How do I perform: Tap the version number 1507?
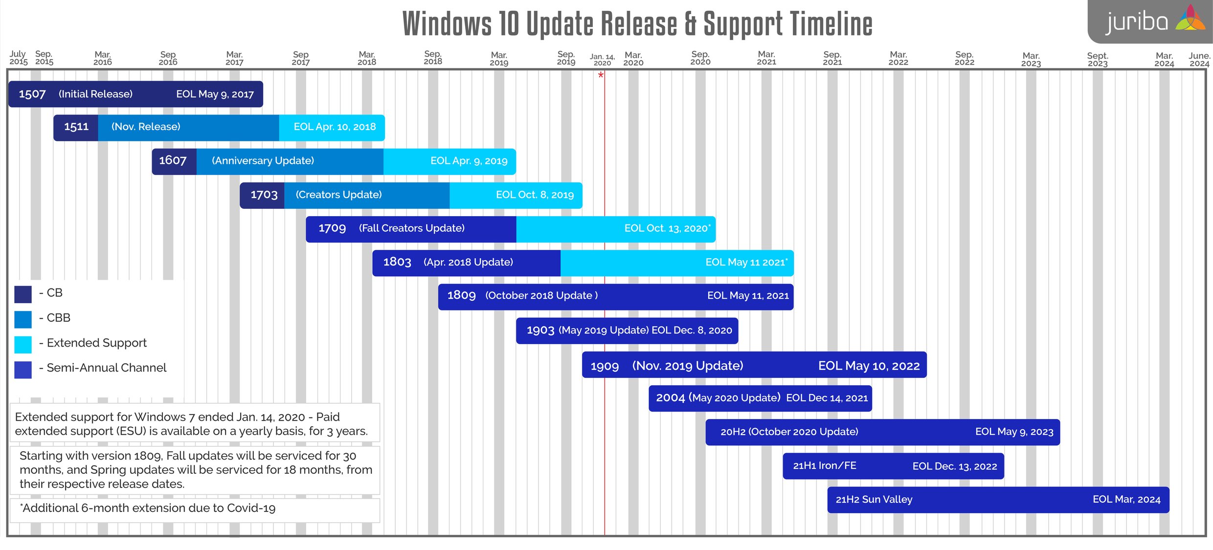click(32, 94)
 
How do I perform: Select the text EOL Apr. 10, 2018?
click(335, 127)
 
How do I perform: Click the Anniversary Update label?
click(263, 161)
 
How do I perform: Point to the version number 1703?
click(264, 195)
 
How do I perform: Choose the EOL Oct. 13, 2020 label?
click(667, 228)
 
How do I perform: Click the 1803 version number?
click(397, 262)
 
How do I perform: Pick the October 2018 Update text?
click(541, 296)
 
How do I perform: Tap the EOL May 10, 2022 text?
click(869, 366)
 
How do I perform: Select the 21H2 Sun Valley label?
click(874, 500)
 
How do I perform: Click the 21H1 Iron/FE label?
click(825, 466)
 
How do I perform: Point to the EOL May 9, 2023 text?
click(1014, 432)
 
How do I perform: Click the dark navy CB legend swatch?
click(23, 294)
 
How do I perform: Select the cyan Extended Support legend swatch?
click(23, 344)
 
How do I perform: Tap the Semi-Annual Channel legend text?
click(106, 368)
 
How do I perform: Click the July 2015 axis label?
click(19, 58)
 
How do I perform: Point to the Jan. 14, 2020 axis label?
click(602, 60)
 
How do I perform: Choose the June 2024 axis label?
click(1199, 60)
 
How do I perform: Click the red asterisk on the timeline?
click(601, 75)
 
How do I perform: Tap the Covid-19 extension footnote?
click(148, 508)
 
